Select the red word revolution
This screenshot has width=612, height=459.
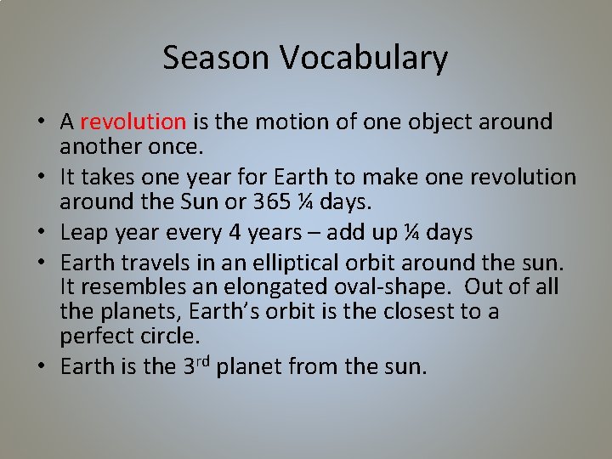(133, 122)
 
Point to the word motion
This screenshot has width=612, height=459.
(280, 122)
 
